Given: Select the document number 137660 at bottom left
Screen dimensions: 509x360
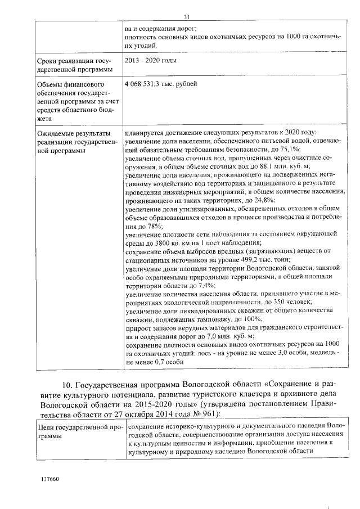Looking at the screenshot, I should tap(50, 479).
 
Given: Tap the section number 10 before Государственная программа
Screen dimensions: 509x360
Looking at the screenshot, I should tap(67, 384).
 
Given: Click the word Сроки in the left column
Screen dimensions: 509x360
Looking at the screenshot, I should tap(45, 60).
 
